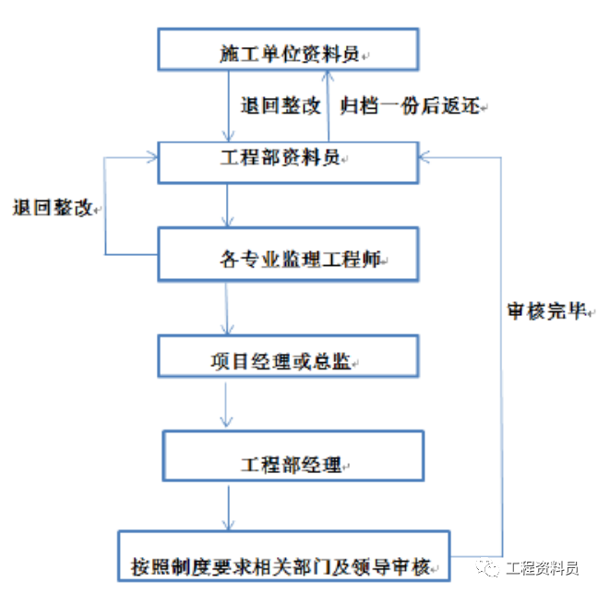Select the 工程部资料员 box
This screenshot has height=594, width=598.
point(290,159)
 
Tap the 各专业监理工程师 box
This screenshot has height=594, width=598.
point(290,256)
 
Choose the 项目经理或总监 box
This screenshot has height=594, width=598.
point(290,358)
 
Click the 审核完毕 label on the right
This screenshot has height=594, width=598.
point(547,311)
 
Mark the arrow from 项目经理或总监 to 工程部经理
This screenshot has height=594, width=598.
point(227,405)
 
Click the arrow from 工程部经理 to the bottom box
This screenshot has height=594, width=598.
point(227,506)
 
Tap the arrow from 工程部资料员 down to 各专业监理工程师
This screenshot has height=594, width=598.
point(227,206)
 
